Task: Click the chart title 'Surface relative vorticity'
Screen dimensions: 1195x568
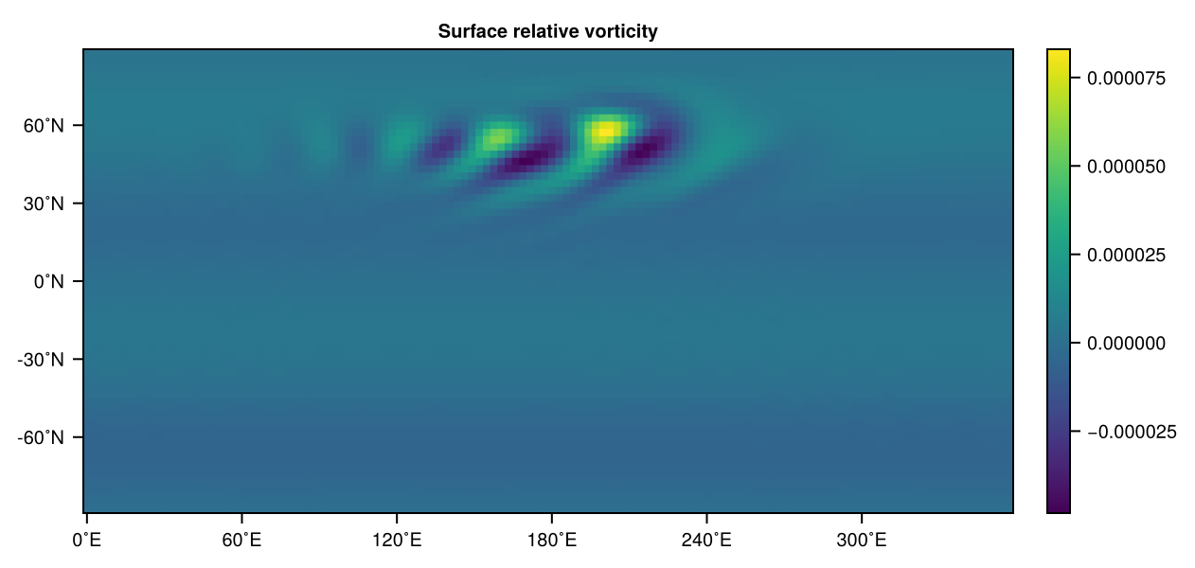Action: coord(547,31)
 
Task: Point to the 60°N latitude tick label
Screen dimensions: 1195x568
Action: coord(44,126)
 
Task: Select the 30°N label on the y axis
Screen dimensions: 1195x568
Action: coord(44,204)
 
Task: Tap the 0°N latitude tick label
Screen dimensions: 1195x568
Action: coord(48,281)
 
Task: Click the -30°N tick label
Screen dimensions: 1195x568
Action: coord(41,360)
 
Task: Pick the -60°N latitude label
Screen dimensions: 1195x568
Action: coord(41,438)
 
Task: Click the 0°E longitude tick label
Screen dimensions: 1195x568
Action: coord(87,541)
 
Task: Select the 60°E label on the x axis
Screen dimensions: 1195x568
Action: coord(241,541)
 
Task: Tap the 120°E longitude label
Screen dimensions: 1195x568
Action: coord(397,541)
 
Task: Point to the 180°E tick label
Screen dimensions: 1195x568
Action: coord(552,541)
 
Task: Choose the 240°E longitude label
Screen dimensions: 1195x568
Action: coord(706,541)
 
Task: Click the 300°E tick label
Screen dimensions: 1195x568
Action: coord(862,541)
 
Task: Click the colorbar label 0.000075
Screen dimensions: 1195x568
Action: coord(1126,79)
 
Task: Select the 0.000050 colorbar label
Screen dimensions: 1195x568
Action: coord(1126,167)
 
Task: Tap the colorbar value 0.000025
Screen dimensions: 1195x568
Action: coord(1126,256)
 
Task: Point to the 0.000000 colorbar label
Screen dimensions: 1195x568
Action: coord(1126,344)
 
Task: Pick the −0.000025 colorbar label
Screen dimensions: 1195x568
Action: coord(1132,432)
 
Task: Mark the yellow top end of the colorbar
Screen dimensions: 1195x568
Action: coord(1059,52)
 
